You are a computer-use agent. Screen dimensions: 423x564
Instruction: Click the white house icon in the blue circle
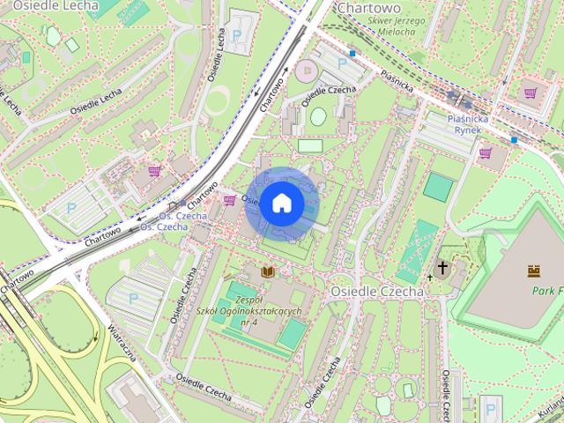[x=281, y=204]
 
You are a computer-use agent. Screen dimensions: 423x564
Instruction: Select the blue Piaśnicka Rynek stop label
[x=467, y=123]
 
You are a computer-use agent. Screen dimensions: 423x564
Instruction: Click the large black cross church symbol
[x=442, y=267]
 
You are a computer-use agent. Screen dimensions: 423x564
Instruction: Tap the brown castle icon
[x=532, y=271]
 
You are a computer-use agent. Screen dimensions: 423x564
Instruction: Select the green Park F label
[x=546, y=290]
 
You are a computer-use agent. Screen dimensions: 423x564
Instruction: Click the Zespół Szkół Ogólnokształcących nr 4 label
[x=249, y=312]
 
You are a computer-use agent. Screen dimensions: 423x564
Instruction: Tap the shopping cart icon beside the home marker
[x=230, y=201]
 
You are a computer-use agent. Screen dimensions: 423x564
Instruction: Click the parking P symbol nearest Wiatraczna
[x=134, y=298]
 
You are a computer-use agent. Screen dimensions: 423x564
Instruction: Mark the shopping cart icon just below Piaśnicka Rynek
[x=485, y=152]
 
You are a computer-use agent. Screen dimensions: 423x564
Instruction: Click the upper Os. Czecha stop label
[x=182, y=216]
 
